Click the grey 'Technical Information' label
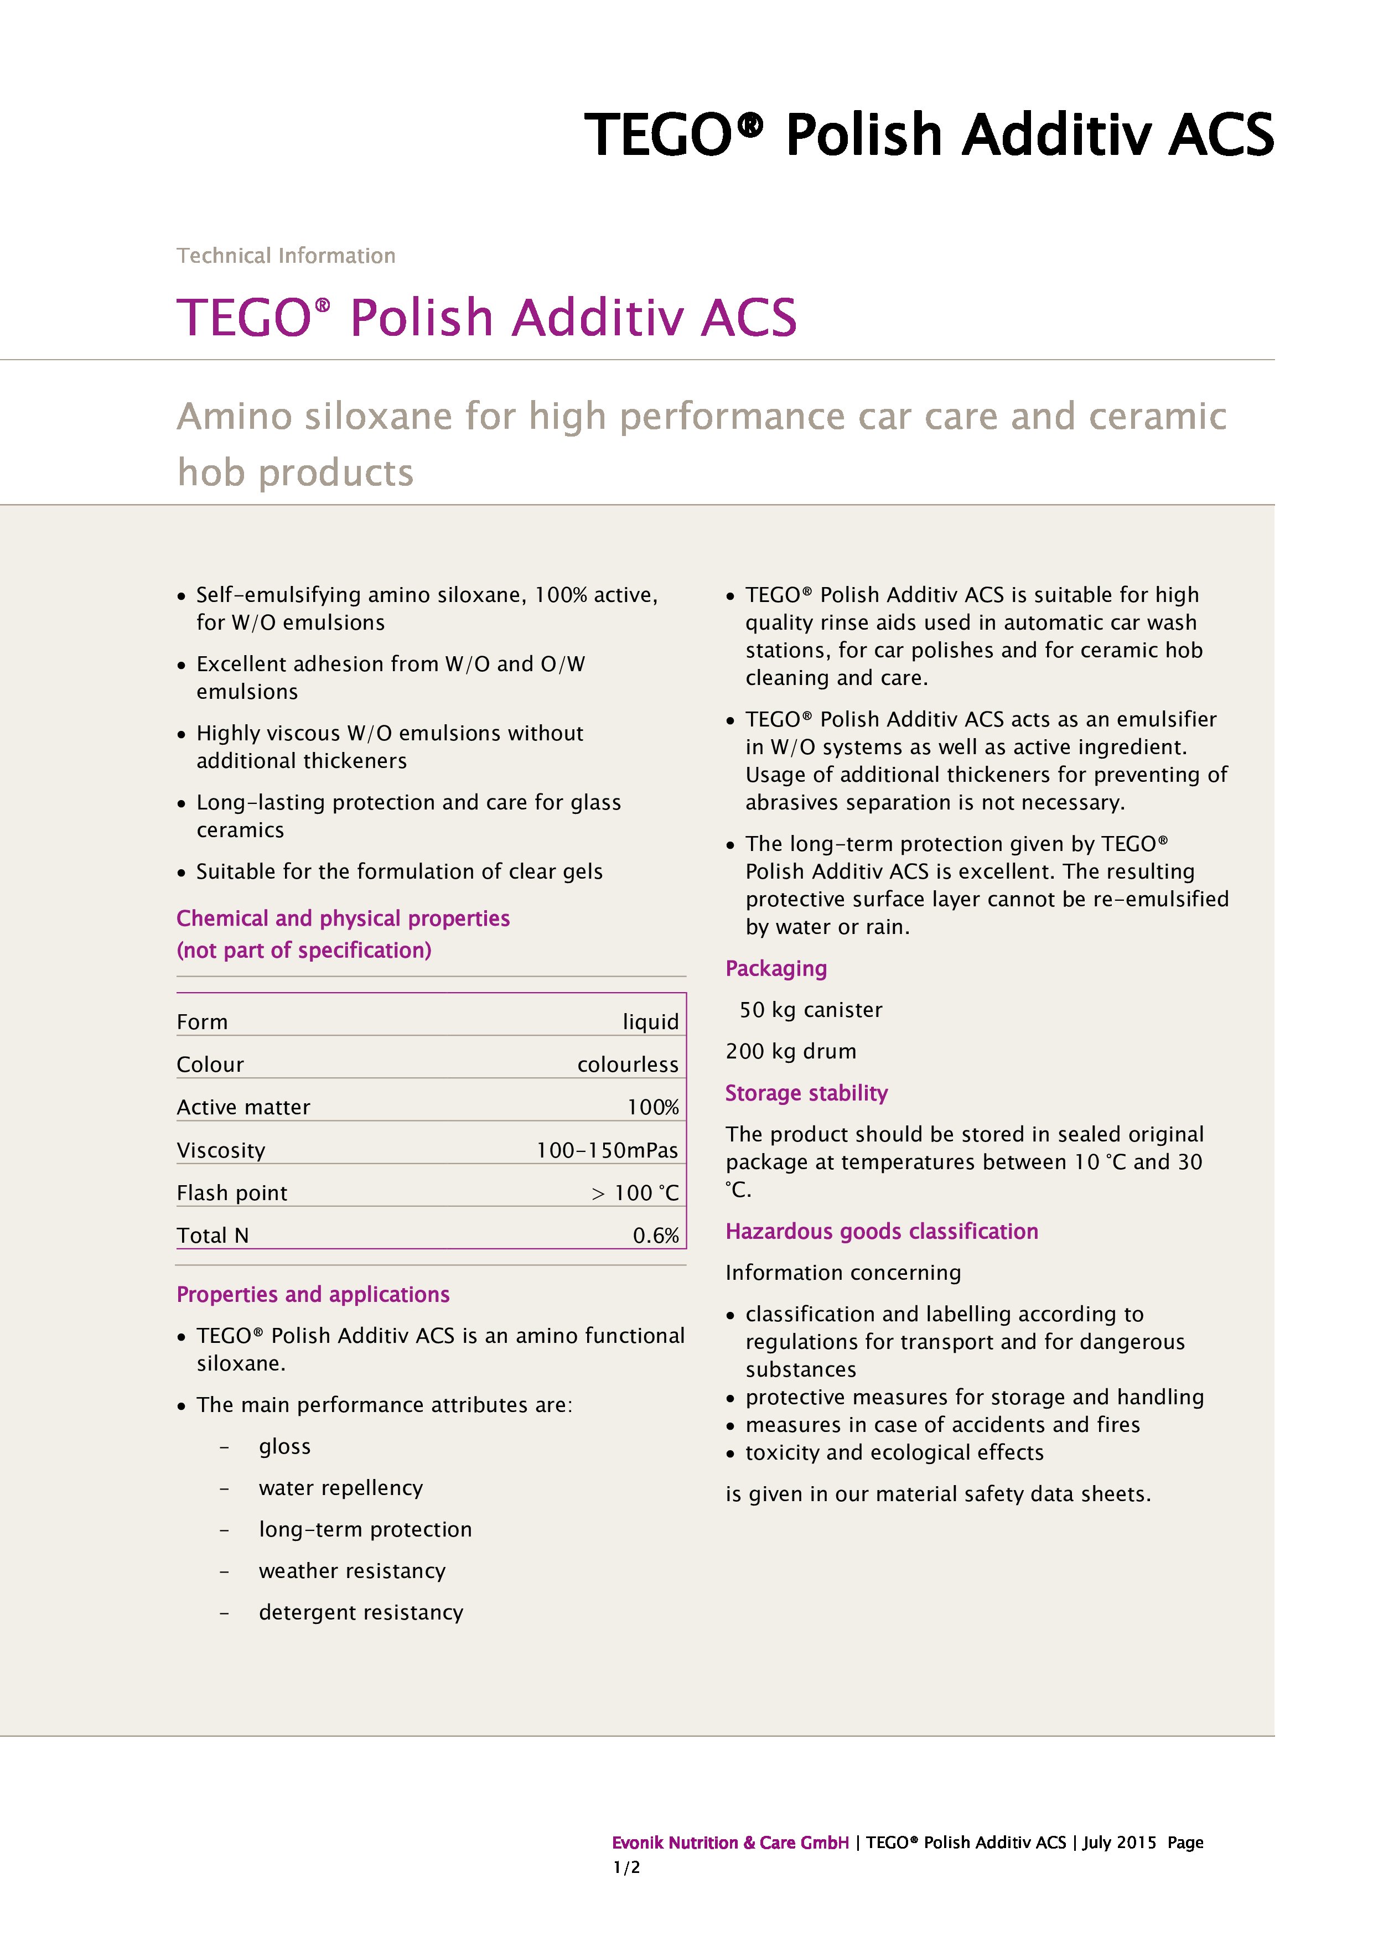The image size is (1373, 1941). coord(286,255)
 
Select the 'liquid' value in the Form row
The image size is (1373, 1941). coord(650,1022)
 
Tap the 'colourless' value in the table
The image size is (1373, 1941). coord(628,1065)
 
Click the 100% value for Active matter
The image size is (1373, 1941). coord(652,1108)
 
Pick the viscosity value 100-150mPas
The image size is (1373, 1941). coord(607,1150)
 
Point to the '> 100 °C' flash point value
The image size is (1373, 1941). coord(635,1193)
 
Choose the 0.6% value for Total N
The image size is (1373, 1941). coord(655,1236)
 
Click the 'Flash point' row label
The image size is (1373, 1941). coord(232,1193)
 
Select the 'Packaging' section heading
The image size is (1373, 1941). coord(776,969)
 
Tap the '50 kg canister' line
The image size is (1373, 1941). coord(810,1010)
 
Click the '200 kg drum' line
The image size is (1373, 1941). coord(790,1052)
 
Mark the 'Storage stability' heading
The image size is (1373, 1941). coord(806,1093)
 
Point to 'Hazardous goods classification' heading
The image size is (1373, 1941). coord(882,1232)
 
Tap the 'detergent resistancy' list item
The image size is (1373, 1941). coord(361,1612)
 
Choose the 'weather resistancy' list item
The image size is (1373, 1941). coord(352,1571)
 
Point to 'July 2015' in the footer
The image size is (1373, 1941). coord(1118,1843)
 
